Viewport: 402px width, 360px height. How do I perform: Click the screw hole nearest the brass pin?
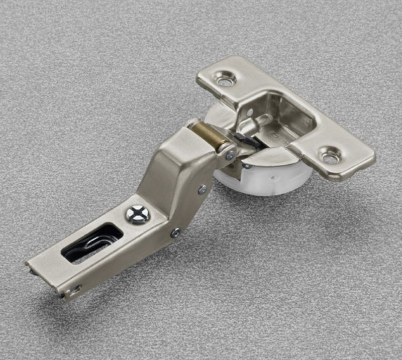pos(225,78)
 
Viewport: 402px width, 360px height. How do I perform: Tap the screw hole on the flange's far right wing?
pos(330,156)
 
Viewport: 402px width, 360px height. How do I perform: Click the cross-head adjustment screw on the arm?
pos(138,214)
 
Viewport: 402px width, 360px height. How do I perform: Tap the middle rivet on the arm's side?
pos(202,189)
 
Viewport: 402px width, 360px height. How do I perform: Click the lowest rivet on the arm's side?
pos(175,232)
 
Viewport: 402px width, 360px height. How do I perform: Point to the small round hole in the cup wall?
pos(250,112)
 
